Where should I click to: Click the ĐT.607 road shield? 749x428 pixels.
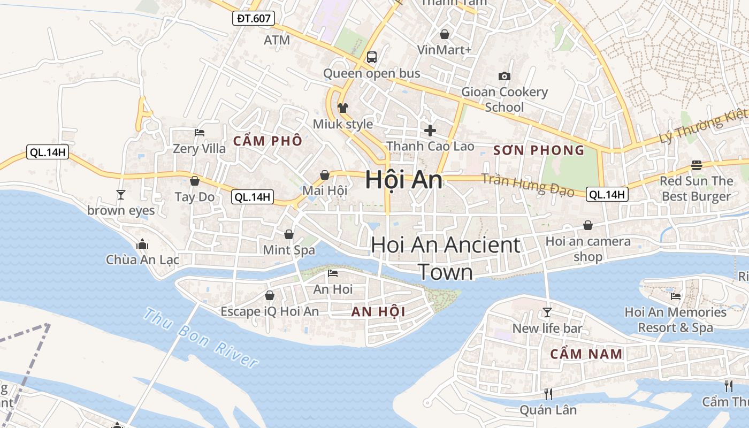pos(254,19)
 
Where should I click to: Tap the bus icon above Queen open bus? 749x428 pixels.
pos(372,57)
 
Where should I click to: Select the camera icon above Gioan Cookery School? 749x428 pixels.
pos(504,77)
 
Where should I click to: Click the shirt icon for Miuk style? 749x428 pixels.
pos(343,108)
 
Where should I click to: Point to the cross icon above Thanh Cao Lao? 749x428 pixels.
pos(430,130)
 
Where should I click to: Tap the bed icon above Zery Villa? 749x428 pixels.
pos(200,132)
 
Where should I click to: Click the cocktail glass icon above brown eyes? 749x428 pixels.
pos(121,194)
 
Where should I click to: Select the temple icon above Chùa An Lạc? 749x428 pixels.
pos(142,244)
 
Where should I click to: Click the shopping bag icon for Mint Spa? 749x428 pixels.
pos(289,234)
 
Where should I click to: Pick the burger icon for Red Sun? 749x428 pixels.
pos(696,165)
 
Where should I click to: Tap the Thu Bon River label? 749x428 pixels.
pos(201,338)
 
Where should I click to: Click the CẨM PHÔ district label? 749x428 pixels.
pos(268,141)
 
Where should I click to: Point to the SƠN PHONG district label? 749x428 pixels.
pos(539,150)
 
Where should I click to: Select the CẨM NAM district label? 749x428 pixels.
pos(586,354)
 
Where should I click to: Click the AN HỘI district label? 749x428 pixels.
pos(378,311)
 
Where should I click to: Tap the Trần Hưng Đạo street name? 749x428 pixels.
pos(528,185)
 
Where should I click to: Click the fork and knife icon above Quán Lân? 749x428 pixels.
pos(548,394)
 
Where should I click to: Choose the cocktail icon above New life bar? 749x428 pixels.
pos(547,312)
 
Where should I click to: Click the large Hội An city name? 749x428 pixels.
pos(404,180)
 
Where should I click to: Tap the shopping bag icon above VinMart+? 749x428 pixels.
pos(444,34)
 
